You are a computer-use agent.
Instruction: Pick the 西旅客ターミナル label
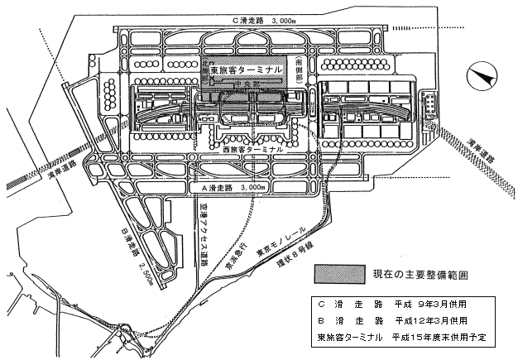[253, 151]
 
